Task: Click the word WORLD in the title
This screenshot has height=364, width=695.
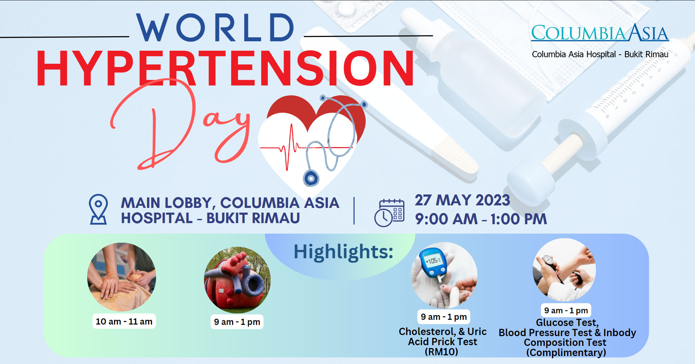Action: (215, 28)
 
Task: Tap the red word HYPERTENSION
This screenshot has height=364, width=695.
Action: (225, 68)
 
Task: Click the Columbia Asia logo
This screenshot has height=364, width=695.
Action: (600, 33)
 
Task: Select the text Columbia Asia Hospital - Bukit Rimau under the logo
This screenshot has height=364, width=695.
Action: (600, 54)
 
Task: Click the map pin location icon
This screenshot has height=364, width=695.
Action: (98, 209)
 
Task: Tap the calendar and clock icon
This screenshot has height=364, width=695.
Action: (389, 213)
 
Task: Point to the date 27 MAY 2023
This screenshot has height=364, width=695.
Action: (462, 200)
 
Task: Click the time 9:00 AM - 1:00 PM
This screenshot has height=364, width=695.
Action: (481, 219)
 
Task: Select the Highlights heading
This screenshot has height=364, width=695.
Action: (343, 252)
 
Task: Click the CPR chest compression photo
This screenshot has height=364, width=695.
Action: (122, 277)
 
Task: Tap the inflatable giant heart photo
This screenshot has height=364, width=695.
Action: (237, 280)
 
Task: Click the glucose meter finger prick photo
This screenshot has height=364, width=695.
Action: (444, 276)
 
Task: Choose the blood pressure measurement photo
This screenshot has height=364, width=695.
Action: (564, 270)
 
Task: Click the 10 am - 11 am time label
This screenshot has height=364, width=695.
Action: (124, 321)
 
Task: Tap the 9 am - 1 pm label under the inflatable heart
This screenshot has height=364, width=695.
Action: (237, 322)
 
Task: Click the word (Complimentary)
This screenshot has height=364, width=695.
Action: (566, 352)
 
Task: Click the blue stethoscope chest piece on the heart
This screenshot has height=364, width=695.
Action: (311, 178)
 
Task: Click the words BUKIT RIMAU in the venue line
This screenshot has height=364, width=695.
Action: (253, 218)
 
